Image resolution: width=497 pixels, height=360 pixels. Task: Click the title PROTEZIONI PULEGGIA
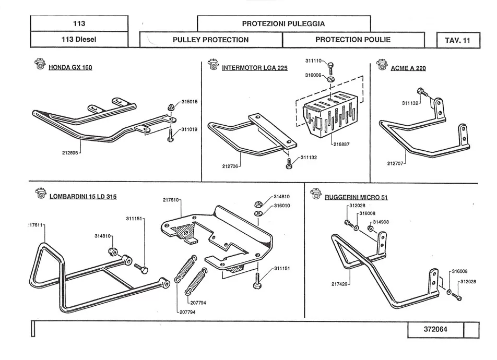pyautogui.click(x=283, y=23)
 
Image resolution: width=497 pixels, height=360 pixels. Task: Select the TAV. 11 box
pyautogui.click(x=458, y=40)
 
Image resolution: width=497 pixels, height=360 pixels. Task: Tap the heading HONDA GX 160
pyautogui.click(x=70, y=68)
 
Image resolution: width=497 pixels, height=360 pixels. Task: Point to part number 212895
pyautogui.click(x=70, y=153)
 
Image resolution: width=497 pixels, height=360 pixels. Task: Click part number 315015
pyautogui.click(x=189, y=102)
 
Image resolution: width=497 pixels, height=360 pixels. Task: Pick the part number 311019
pyautogui.click(x=189, y=129)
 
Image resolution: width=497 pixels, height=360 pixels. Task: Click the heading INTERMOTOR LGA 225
pyautogui.click(x=255, y=68)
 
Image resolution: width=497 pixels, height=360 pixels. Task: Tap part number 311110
pyautogui.click(x=314, y=61)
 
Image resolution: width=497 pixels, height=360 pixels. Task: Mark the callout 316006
pyautogui.click(x=314, y=75)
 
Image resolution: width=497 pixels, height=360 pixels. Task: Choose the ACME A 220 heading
pyautogui.click(x=408, y=68)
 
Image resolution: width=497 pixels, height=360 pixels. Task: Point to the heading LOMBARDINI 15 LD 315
pyautogui.click(x=82, y=197)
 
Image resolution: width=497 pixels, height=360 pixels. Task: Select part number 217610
pyautogui.click(x=171, y=200)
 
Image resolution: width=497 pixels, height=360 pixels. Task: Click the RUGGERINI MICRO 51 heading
pyautogui.click(x=356, y=197)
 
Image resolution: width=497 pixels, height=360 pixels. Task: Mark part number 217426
pyautogui.click(x=339, y=284)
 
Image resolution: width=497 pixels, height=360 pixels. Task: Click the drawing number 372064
pyautogui.click(x=435, y=330)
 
